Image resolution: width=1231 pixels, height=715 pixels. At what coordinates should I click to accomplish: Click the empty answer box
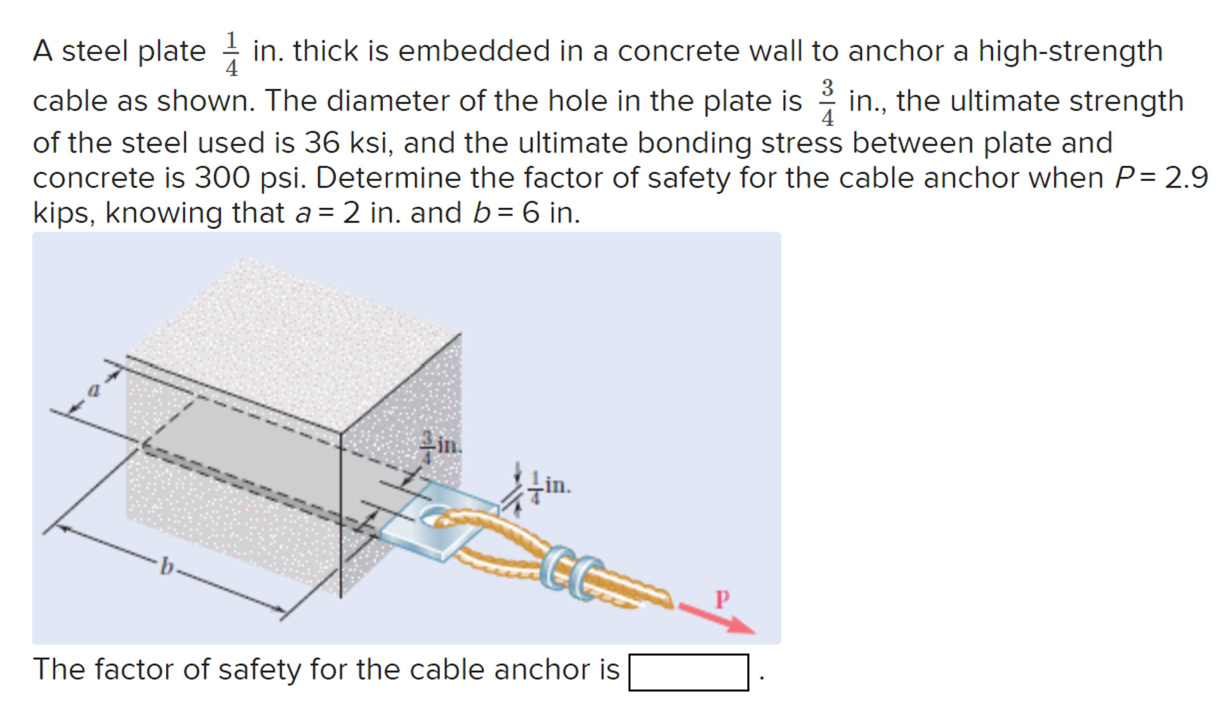[688, 672]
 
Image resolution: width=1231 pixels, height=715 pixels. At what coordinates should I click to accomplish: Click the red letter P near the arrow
[722, 598]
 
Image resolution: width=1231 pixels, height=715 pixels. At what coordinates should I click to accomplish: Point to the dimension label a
[93, 389]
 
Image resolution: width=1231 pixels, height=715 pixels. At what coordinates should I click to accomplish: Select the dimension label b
[167, 567]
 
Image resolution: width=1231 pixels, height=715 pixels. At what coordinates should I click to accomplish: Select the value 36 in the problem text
[322, 143]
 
